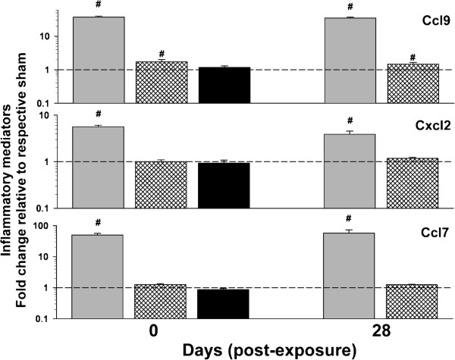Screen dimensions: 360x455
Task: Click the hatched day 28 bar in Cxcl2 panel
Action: (x=413, y=183)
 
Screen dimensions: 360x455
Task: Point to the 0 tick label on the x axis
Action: (x=161, y=332)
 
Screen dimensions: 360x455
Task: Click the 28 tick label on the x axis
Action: (x=381, y=332)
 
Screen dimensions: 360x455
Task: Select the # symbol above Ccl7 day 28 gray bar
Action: (x=350, y=222)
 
